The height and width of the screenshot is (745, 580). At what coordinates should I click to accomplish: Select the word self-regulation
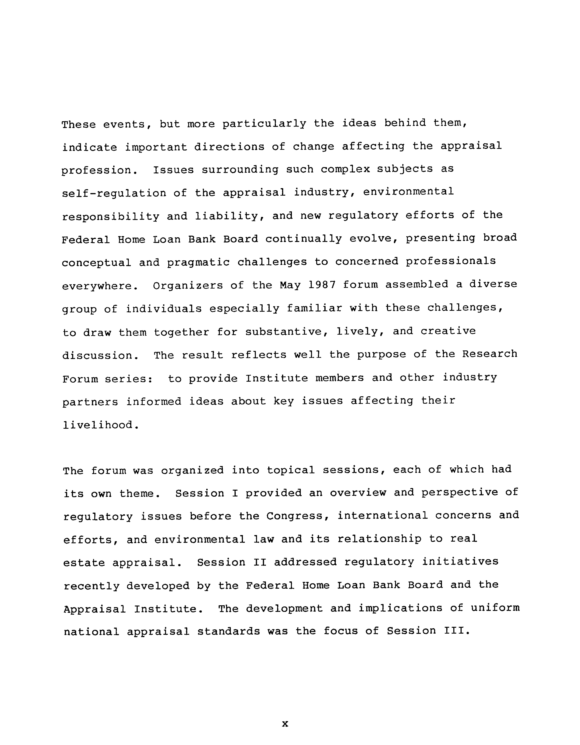point(114,193)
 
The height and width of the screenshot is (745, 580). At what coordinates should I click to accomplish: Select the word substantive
point(284,332)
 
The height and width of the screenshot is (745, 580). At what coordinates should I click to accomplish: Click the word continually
point(303,239)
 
